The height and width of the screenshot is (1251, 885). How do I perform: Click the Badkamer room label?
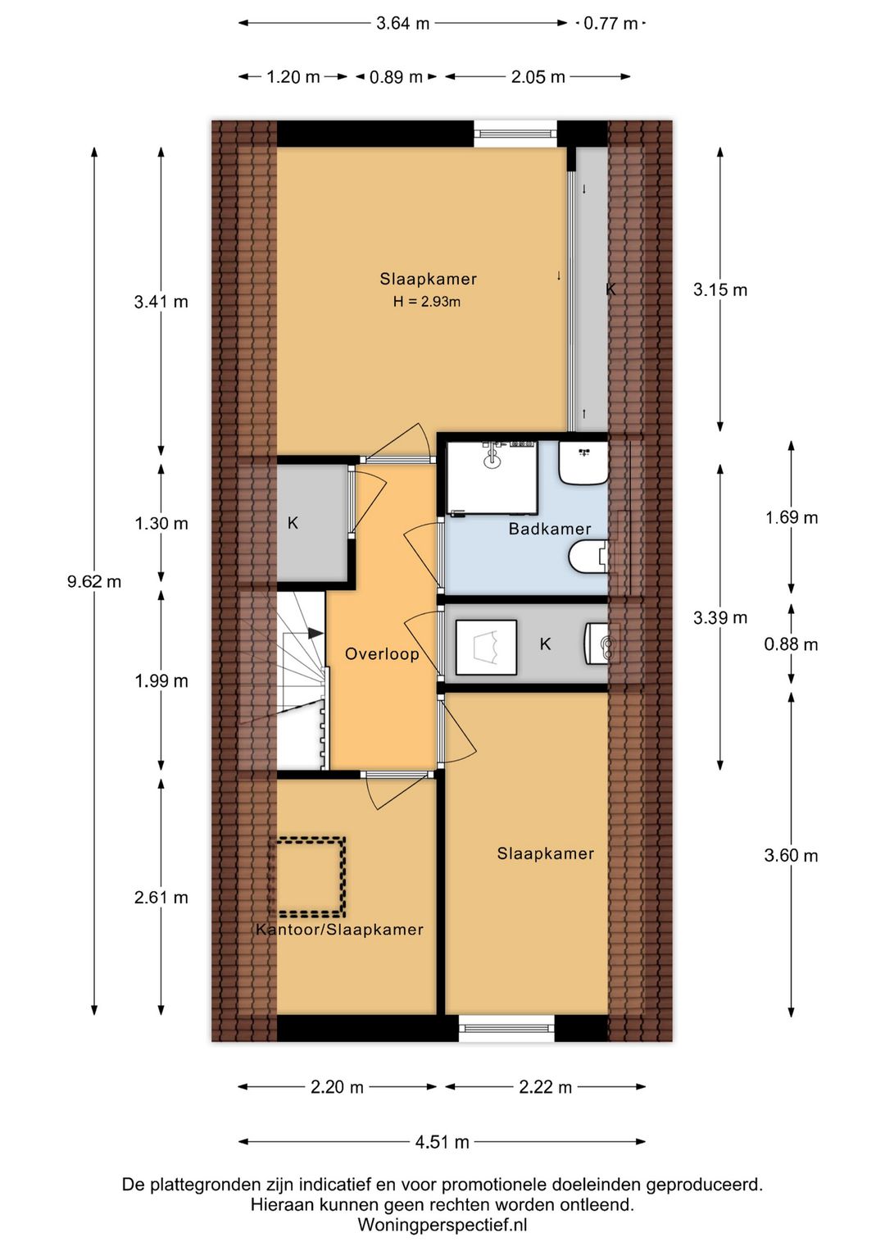(x=549, y=529)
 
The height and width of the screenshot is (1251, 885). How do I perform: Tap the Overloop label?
(x=382, y=654)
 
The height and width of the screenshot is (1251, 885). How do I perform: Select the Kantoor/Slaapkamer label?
(x=339, y=930)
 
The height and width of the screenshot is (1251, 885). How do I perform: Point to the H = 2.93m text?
(x=427, y=303)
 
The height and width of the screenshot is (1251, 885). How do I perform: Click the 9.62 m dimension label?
(x=93, y=581)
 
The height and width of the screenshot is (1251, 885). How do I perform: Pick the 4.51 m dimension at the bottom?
(x=442, y=1141)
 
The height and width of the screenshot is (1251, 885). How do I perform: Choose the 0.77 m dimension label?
(x=610, y=24)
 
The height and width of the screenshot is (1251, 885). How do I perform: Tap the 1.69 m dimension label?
(x=792, y=518)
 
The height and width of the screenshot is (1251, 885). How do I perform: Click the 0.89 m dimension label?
(x=396, y=76)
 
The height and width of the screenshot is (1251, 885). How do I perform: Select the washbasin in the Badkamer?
(x=583, y=463)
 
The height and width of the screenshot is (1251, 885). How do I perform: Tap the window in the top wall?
(x=515, y=134)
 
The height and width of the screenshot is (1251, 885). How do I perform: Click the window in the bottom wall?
(x=506, y=1028)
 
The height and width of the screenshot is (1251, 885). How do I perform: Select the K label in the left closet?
(x=293, y=523)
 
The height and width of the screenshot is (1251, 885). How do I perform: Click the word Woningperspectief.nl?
(x=442, y=1225)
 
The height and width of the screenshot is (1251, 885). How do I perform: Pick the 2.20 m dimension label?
(x=337, y=1087)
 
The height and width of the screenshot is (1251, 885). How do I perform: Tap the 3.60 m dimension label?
(x=792, y=856)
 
